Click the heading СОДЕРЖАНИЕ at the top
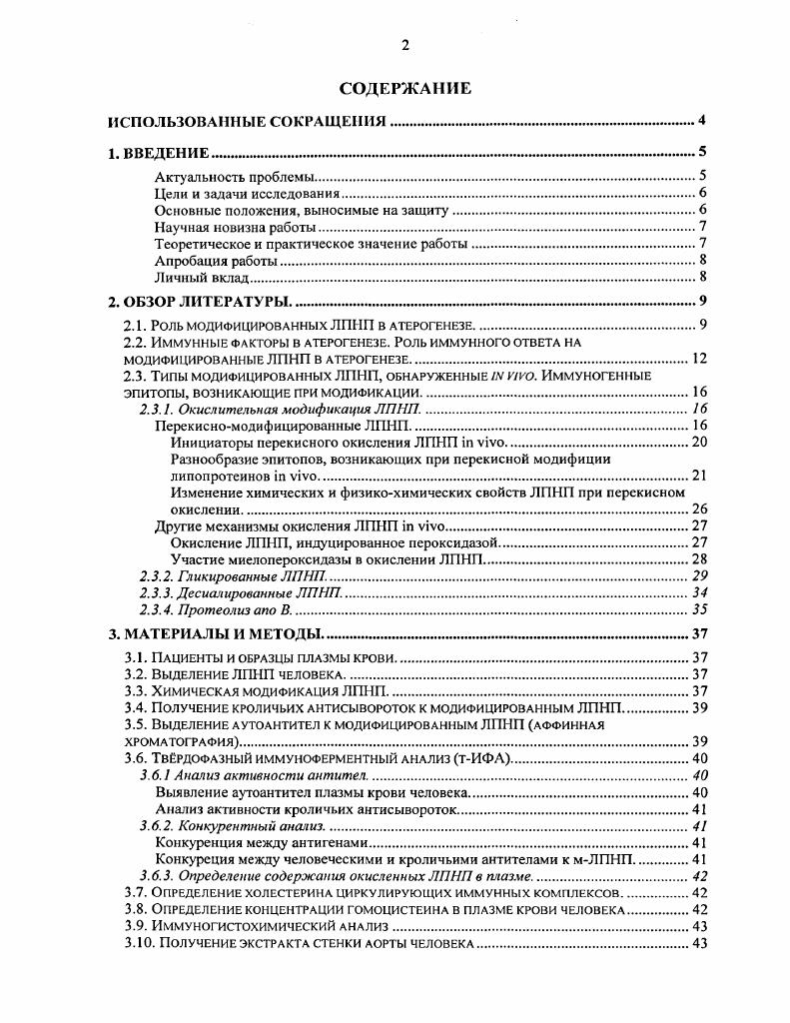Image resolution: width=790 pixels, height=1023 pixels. [x=404, y=88]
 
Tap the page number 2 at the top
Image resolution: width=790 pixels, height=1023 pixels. [x=404, y=45]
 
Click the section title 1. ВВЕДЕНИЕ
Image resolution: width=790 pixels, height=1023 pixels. [x=158, y=153]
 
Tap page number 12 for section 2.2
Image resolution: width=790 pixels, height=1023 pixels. [x=698, y=359]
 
